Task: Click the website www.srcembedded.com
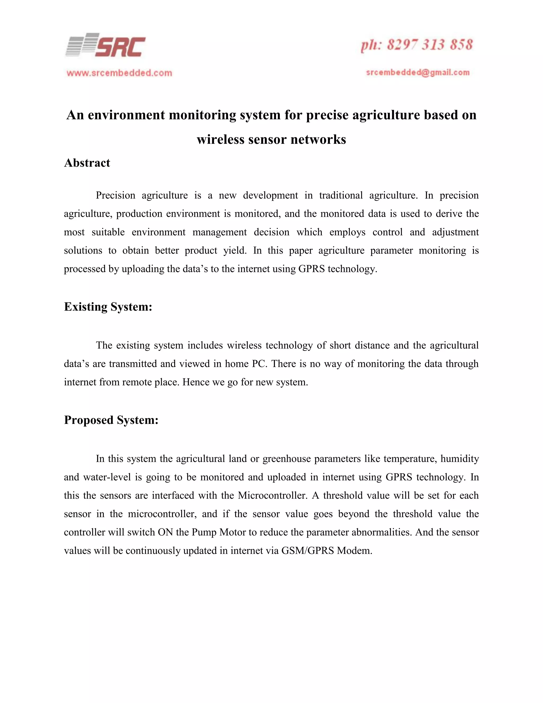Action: pos(119,73)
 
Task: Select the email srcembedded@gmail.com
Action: pos(418,73)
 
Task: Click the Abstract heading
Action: pos(87,163)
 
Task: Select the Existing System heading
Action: pos(108,307)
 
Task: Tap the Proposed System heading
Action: pos(111,420)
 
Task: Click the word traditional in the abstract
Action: pos(341,196)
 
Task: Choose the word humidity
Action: pos(459,459)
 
